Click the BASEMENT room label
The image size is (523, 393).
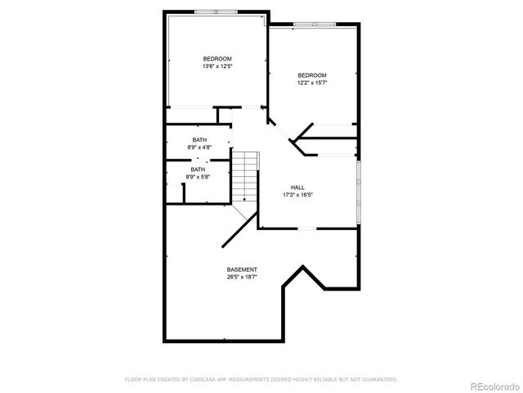coord(242,269)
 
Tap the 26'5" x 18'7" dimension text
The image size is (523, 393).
coord(242,277)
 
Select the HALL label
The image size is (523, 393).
coord(298,187)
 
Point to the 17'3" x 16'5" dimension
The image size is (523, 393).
coord(298,195)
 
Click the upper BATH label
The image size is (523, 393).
coord(199,140)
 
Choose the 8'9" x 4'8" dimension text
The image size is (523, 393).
coord(199,147)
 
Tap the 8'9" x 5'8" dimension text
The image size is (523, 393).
coord(199,177)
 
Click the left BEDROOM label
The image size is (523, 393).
coord(217,58)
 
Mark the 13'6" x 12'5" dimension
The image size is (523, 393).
coord(217,66)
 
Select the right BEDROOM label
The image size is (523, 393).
coord(311,75)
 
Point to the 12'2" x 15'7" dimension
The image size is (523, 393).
coord(311,83)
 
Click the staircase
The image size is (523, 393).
coord(245,176)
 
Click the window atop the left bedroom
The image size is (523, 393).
coord(217,12)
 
